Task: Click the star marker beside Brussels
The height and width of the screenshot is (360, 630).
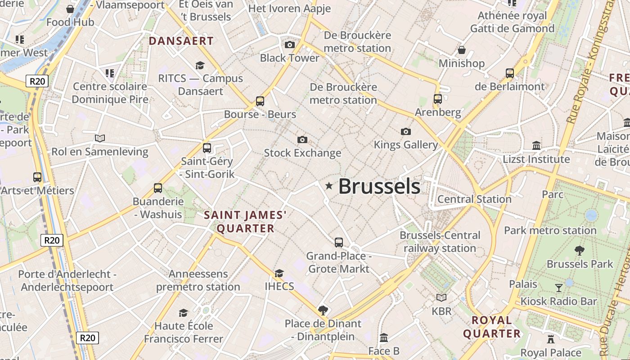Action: point(329,186)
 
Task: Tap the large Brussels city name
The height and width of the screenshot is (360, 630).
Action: point(379,186)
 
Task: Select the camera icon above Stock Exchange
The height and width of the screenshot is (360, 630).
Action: point(302,139)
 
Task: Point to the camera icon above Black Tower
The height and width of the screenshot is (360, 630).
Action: point(290,45)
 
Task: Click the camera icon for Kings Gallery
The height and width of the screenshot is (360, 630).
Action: point(406,131)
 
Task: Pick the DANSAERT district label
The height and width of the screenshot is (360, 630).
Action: point(181,41)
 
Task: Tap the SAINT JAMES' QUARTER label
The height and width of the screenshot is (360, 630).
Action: point(245,221)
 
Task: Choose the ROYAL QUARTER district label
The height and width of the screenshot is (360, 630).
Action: point(492,327)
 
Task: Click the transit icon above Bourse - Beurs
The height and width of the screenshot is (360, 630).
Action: point(260,101)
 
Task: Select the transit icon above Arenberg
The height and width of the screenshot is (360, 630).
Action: point(438,99)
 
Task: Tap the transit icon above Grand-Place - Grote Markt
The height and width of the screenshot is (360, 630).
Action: point(339,243)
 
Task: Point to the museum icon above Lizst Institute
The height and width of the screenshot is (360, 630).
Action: point(536,145)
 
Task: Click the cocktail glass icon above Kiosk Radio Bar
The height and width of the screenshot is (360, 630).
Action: point(559,288)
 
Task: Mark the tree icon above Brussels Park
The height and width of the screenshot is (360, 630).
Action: point(580,250)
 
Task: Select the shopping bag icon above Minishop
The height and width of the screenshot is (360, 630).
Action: point(461,49)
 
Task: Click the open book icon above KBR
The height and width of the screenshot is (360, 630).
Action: point(441,297)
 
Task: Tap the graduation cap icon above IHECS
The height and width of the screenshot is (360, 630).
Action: point(279,273)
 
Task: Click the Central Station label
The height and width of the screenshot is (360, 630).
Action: point(474,199)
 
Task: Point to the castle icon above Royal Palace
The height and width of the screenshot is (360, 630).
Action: point(551,339)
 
